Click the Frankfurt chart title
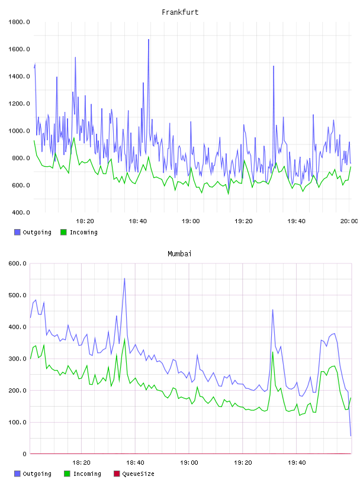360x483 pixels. tap(180, 12)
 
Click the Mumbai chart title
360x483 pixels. tap(179, 254)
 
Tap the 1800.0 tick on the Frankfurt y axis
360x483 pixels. tap(19, 22)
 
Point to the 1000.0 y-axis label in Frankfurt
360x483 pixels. tap(19, 131)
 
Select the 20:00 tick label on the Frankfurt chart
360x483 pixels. tap(349, 221)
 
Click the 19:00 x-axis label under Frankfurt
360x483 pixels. tap(191, 221)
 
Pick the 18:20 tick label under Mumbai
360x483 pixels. tap(81, 463)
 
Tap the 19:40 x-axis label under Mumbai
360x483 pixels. tap(297, 463)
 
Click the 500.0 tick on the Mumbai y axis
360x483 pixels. tap(18, 295)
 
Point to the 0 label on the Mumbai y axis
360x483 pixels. tap(24, 454)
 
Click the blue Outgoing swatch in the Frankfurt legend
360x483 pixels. tap(17, 232)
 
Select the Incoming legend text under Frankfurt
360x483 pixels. tap(84, 233)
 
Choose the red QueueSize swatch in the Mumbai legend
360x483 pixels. tap(117, 474)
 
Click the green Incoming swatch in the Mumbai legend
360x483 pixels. tap(67, 474)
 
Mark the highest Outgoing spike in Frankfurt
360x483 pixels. tap(149, 40)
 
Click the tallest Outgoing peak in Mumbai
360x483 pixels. tap(124, 278)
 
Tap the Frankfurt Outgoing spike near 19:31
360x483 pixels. tap(274, 66)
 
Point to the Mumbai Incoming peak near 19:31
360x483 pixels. tap(273, 352)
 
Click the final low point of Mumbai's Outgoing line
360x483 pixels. tap(351, 436)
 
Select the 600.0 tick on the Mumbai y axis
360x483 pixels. tap(18, 263)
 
